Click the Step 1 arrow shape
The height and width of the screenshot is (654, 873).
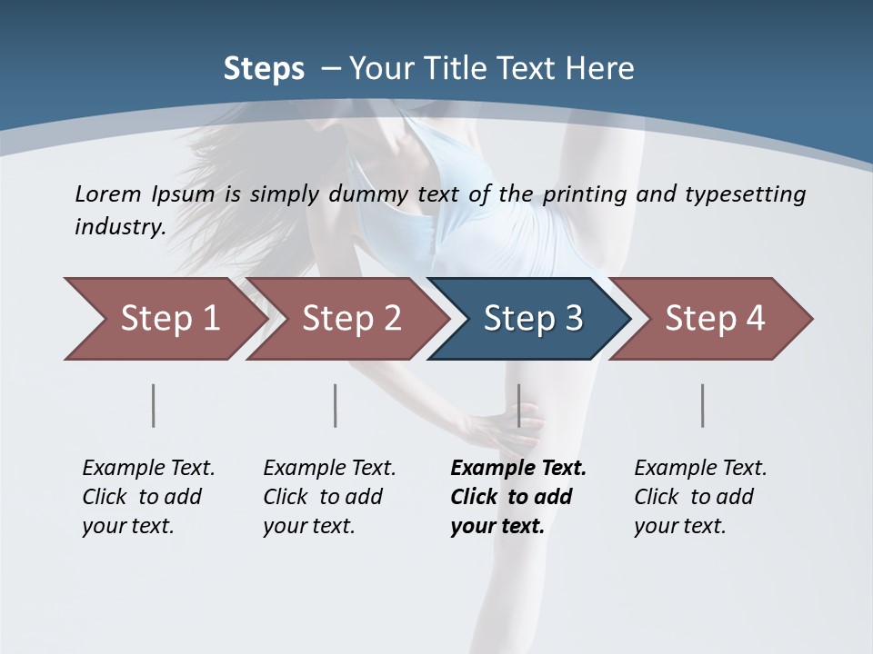point(164,319)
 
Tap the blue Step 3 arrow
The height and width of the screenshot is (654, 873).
point(532,319)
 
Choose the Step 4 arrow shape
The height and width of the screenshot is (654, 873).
point(714,319)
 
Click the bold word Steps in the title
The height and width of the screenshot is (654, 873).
point(264,69)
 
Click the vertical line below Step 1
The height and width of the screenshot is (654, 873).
point(154,405)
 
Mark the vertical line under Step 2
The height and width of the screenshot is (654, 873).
point(336,405)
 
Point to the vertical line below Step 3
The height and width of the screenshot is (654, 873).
point(518,405)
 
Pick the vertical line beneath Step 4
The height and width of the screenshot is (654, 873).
point(702,405)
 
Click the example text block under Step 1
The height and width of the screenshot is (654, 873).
point(147,497)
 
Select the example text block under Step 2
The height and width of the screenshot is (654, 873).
point(328,497)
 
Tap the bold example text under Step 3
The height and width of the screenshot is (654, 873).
point(517,497)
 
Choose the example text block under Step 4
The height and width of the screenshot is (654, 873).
point(699,497)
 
